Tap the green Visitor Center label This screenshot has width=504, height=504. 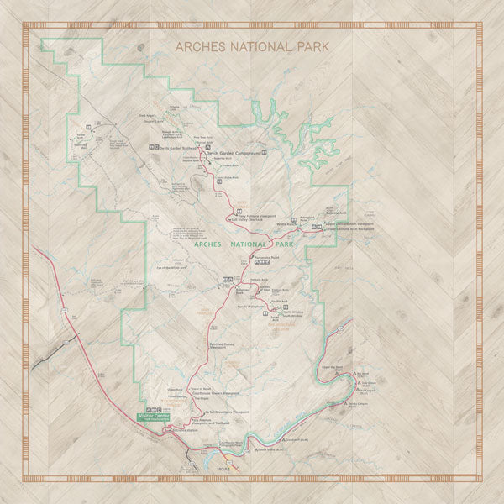tap(153, 415)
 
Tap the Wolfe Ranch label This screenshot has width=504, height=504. tap(286, 224)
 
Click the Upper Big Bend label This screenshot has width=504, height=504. tap(333, 367)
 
